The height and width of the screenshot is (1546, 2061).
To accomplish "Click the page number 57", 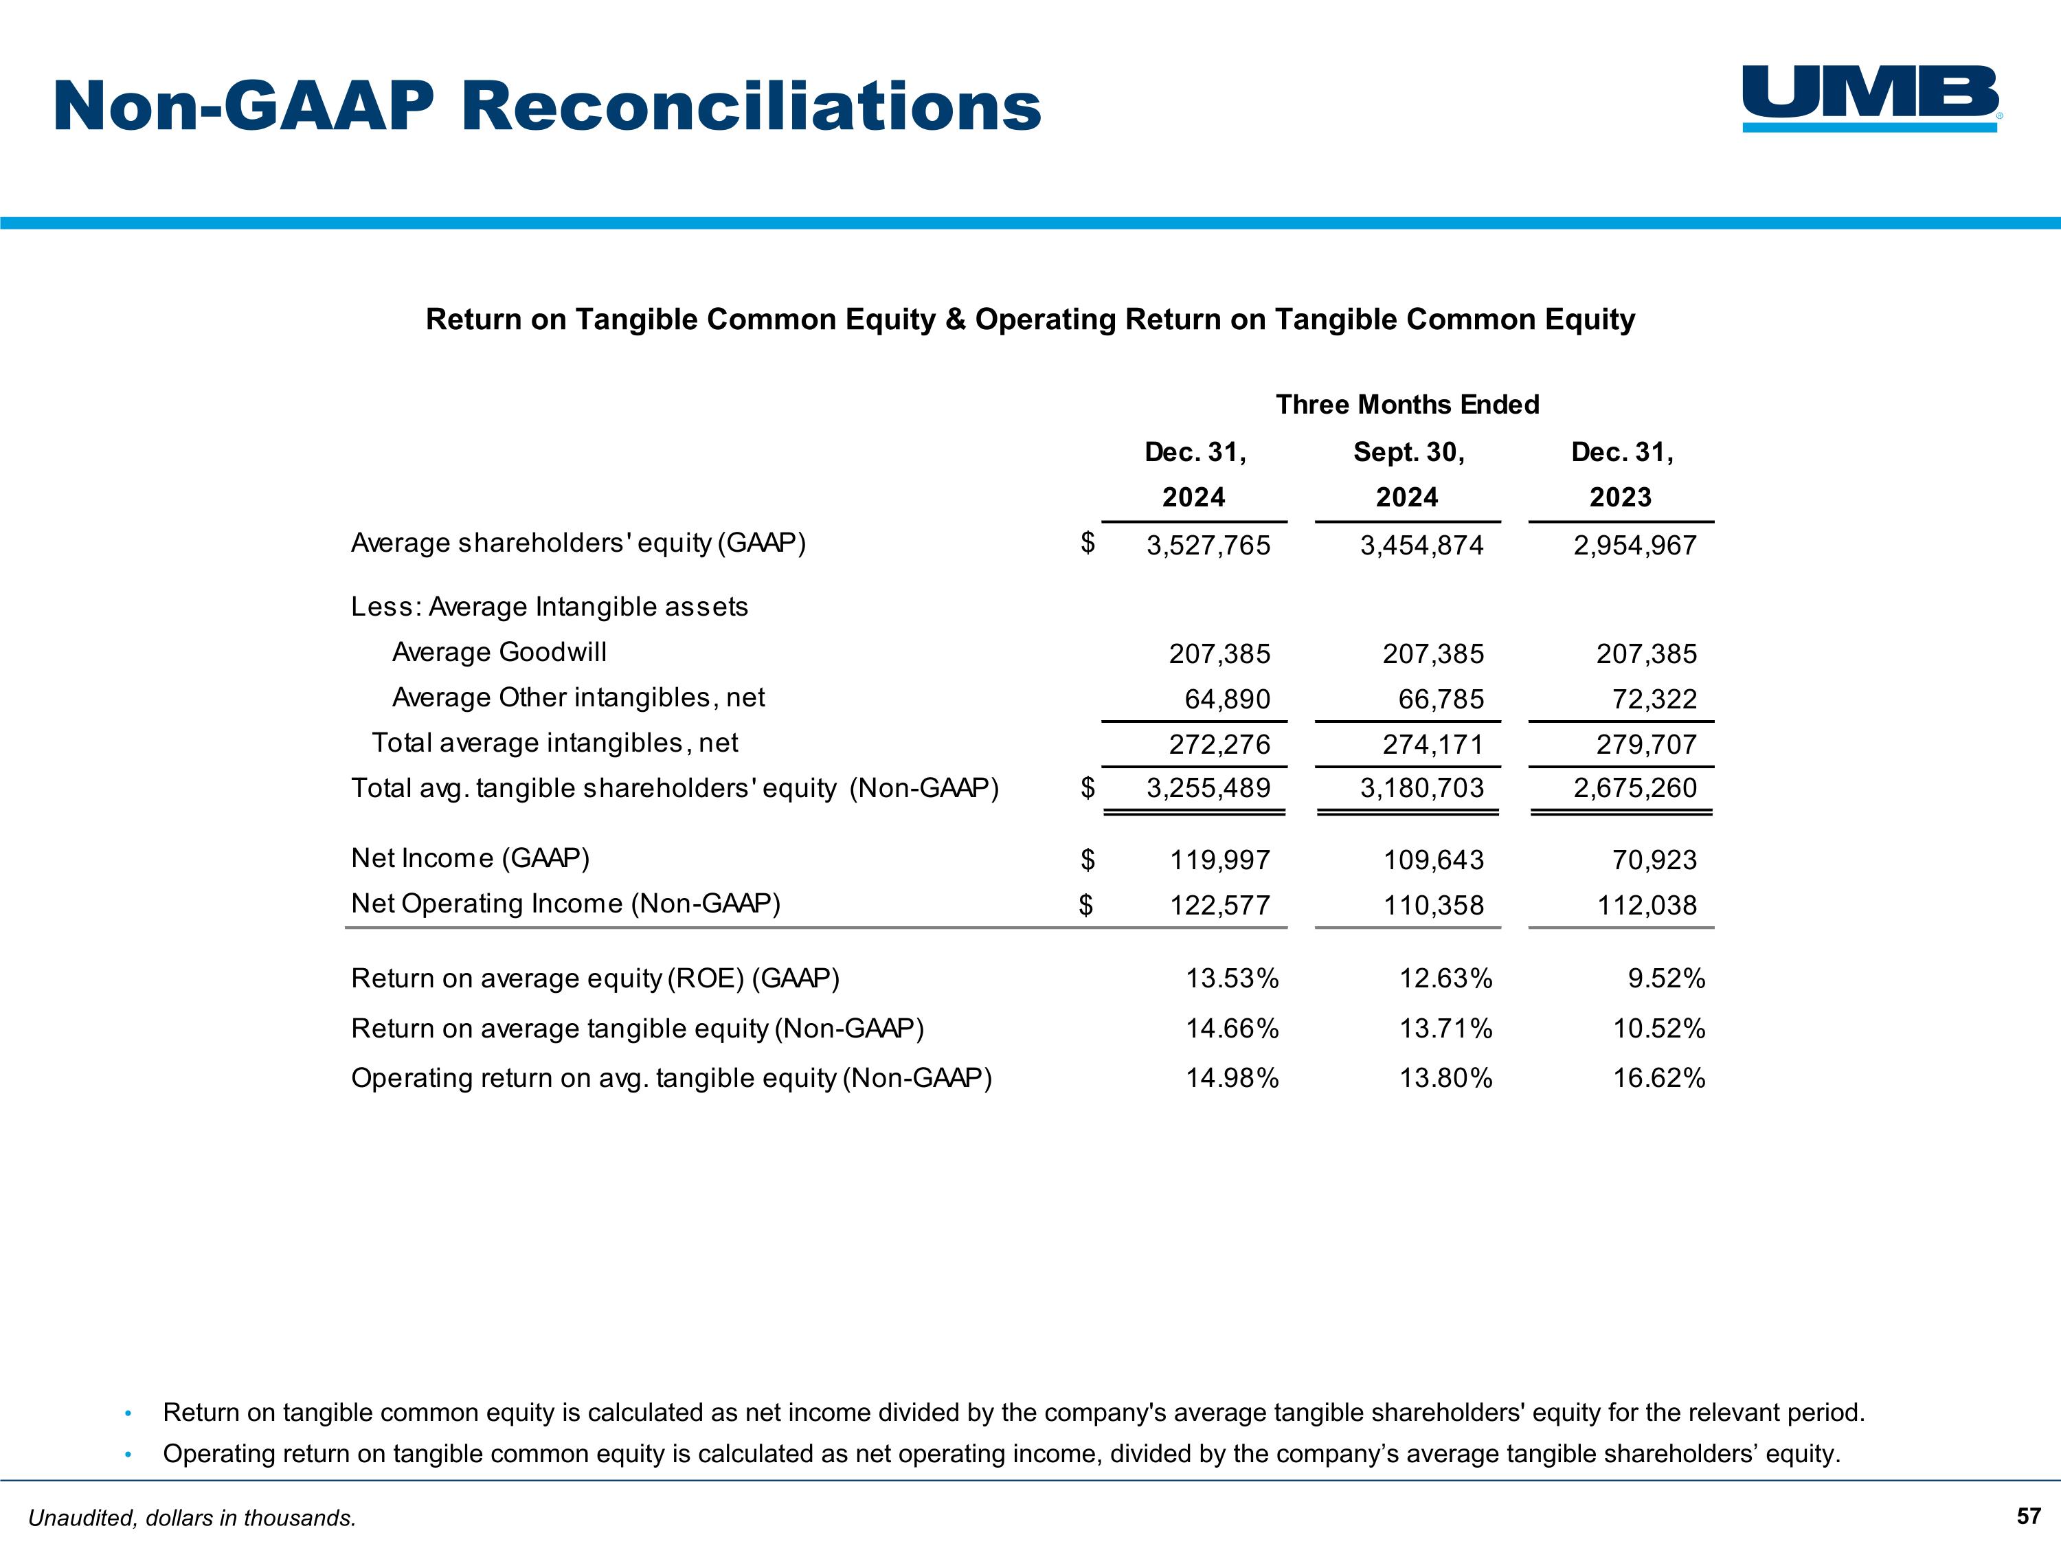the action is (2029, 1516).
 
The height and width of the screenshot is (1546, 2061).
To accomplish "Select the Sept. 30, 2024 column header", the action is (1408, 474).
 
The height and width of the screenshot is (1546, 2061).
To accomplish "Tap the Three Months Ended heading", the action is (1407, 405).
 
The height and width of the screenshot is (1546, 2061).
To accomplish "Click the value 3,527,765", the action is (1208, 545).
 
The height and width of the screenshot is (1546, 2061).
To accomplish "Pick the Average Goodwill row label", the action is (499, 651).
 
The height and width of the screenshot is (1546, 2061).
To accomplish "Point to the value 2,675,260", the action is (1635, 788).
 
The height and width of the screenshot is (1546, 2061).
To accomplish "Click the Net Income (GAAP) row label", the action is (471, 858).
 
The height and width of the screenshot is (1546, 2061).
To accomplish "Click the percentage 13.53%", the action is (1232, 978).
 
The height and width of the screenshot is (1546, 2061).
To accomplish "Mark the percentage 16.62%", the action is (1658, 1078).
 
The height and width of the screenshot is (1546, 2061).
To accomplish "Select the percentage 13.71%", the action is (1445, 1029).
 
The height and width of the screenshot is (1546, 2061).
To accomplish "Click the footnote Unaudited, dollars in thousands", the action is (192, 1518).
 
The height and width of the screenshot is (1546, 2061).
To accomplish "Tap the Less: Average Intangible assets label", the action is (550, 607).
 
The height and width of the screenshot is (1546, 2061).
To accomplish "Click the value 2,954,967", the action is (1635, 545).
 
